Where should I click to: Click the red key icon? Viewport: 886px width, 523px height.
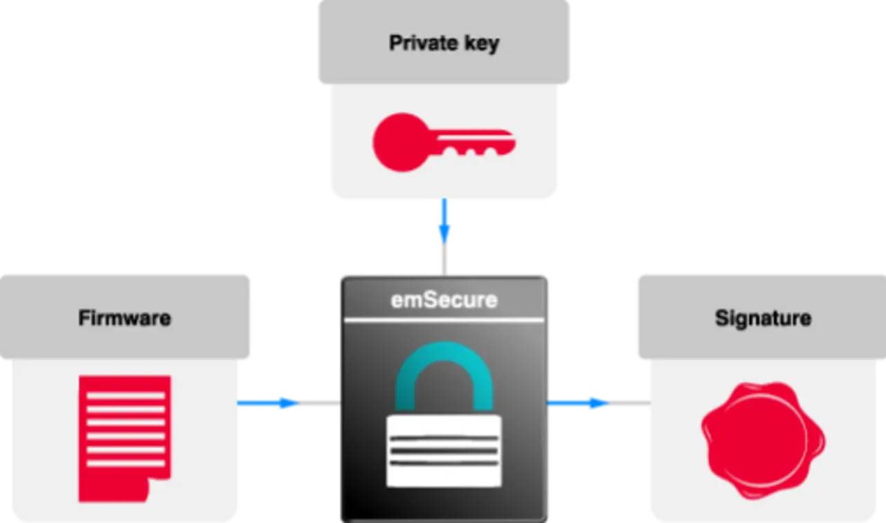(x=443, y=143)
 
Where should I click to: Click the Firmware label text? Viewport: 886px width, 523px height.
(x=125, y=319)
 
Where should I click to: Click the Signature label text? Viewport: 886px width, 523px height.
(x=763, y=319)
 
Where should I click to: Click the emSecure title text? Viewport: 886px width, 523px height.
(x=444, y=300)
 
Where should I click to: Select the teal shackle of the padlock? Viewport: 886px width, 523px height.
(x=444, y=367)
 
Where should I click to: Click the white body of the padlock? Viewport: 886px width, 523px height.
(x=444, y=450)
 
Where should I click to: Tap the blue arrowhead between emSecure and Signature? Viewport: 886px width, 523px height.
(x=595, y=404)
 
